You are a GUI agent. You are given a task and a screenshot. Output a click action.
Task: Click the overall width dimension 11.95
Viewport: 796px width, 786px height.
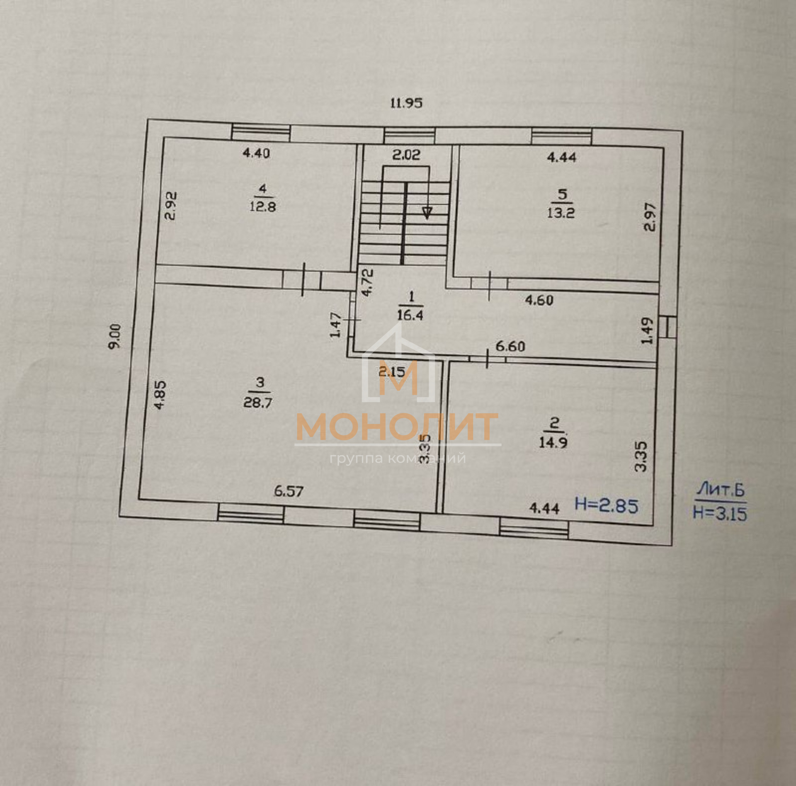[406, 103]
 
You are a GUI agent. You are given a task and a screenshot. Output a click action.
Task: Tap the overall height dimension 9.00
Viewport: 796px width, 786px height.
[115, 336]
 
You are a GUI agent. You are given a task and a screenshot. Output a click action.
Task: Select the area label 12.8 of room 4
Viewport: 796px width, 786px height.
[263, 206]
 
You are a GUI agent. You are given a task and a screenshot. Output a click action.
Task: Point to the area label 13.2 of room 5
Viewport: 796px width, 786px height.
[561, 213]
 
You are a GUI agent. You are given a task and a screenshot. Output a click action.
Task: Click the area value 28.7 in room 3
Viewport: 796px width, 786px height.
[257, 403]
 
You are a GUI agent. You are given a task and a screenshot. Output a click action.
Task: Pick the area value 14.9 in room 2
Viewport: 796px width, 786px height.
[553, 442]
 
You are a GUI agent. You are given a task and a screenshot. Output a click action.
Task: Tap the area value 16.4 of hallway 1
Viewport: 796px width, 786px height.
[410, 315]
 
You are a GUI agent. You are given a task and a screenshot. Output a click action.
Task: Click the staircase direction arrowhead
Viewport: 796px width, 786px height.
[427, 213]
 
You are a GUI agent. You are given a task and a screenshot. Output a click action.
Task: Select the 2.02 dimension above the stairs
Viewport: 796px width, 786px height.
[406, 155]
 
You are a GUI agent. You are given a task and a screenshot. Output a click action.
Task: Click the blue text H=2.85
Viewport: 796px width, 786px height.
[607, 506]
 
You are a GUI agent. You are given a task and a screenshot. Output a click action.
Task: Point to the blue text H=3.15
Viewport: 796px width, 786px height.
[720, 514]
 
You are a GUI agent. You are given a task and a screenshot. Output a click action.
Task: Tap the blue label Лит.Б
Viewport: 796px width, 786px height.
[721, 490]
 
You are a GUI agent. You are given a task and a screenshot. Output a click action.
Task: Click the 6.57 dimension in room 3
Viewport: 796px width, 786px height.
[289, 491]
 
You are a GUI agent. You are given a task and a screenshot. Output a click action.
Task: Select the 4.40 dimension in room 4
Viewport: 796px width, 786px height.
[256, 153]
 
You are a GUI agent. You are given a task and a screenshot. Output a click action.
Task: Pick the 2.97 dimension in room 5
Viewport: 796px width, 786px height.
[650, 217]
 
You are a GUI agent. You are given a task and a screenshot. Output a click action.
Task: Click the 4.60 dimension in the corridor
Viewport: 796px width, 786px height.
[539, 300]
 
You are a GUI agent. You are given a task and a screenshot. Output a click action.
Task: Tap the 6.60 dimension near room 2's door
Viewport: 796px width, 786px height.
[510, 346]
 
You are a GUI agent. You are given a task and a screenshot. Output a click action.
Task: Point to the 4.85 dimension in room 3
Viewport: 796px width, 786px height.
[160, 395]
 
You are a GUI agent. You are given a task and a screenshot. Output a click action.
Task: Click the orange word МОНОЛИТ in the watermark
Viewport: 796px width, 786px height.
[397, 427]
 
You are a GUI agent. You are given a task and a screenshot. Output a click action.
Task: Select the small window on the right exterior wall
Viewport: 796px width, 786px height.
[668, 327]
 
